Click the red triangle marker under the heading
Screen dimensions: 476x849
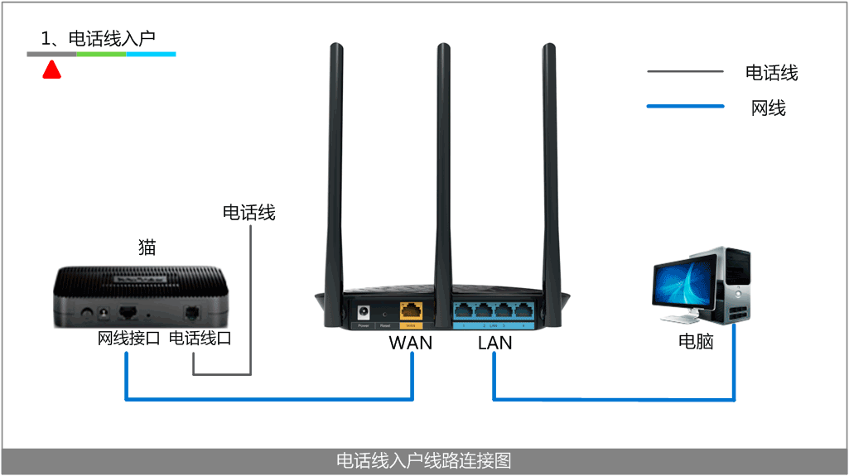[x=51, y=71]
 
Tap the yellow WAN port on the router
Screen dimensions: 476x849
[x=411, y=311]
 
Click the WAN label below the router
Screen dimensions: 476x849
[x=410, y=342]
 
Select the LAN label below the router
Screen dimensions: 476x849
[x=494, y=342]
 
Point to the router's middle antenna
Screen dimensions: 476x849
[x=443, y=166]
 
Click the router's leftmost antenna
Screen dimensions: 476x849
[x=335, y=166]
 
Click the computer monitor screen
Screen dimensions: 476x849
[x=685, y=281]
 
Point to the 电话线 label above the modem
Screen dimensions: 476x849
[x=248, y=213]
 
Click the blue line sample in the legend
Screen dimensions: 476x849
[x=685, y=106]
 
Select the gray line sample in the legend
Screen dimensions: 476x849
[x=685, y=72]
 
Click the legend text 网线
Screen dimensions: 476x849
[x=768, y=107]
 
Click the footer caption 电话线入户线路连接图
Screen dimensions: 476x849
[x=423, y=460]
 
